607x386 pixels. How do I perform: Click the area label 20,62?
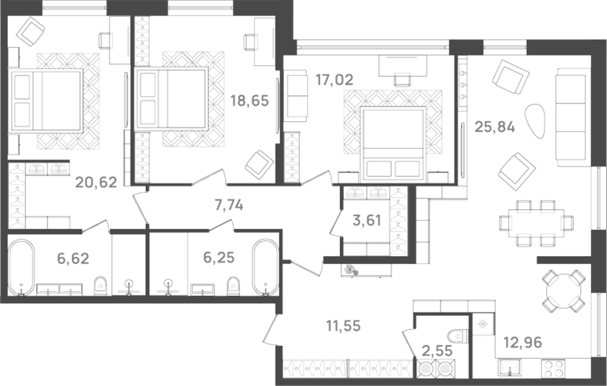pos(96,183)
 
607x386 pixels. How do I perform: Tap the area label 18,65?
pos(250,100)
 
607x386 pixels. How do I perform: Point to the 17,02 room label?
pos(334,80)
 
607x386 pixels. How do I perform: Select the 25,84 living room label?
pos(494,127)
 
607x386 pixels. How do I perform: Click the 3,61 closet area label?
pos(367,220)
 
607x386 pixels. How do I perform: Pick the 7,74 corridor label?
pos(229,205)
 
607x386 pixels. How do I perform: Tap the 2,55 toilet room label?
pos(437,350)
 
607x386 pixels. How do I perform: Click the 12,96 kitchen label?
pos(523,342)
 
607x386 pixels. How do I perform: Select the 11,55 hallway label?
pos(343,326)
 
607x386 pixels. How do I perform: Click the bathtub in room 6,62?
pos(21,267)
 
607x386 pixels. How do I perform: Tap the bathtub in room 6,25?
pos(266,267)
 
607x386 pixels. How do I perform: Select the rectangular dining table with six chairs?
pos(536,223)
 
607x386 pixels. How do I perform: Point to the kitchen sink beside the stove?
pos(509,368)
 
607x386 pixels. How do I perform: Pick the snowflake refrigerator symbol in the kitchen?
pos(482,324)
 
